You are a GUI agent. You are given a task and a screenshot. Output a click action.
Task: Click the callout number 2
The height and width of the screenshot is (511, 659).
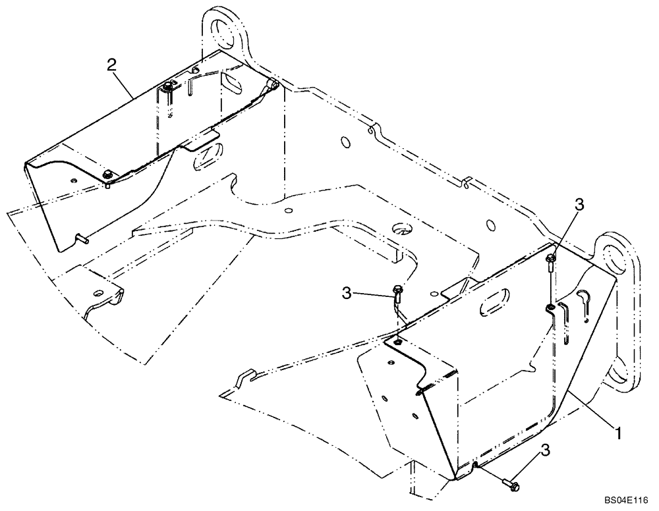point(112,65)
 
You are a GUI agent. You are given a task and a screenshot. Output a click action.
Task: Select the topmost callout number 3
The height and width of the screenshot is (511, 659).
point(579,205)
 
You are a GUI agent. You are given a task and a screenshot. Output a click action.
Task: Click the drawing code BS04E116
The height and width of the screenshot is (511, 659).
point(627,500)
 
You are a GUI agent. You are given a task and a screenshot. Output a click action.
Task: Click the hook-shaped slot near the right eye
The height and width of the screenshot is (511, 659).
point(586,300)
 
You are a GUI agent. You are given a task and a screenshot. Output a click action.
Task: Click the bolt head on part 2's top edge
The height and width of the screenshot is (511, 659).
point(169,86)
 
